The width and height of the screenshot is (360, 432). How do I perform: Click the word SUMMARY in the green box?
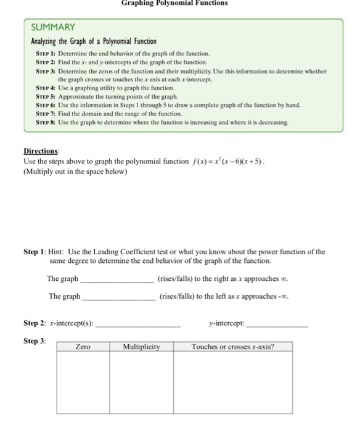(x=53, y=27)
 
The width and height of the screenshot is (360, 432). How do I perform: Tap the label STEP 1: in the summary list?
(x=45, y=54)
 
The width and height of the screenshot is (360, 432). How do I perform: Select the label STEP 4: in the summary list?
(x=45, y=88)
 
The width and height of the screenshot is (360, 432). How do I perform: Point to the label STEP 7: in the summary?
(x=45, y=114)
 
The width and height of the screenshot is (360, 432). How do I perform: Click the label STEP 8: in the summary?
(x=45, y=123)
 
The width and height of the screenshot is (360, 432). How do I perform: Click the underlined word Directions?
(x=43, y=152)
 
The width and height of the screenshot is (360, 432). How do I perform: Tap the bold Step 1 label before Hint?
(x=35, y=252)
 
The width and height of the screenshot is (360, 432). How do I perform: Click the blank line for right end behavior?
(x=117, y=281)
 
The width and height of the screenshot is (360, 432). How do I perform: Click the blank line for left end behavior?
(x=118, y=298)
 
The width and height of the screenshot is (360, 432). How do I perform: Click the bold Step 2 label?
(x=35, y=323)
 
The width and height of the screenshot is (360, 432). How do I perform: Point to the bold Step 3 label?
(x=35, y=341)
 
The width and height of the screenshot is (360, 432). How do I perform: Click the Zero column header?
(x=83, y=347)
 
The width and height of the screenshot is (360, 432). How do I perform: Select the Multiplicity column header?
(x=141, y=347)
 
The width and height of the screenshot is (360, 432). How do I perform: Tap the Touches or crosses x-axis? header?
(x=232, y=347)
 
